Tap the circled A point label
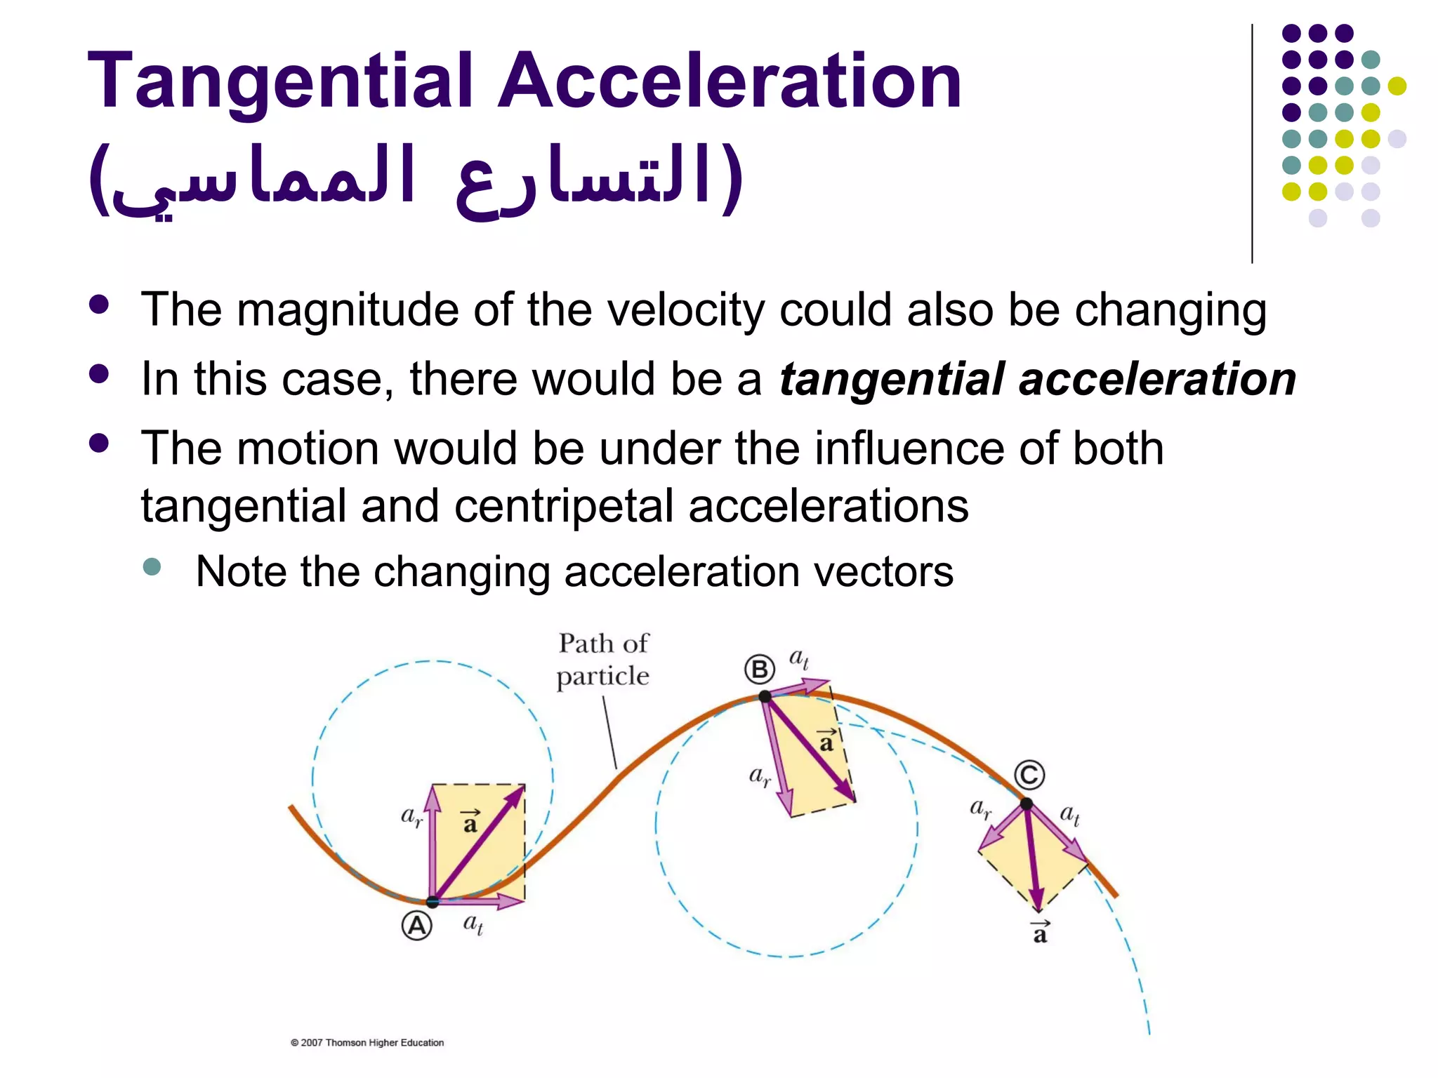click(417, 926)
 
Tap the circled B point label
click(760, 670)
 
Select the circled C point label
click(1030, 776)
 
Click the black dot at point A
click(433, 901)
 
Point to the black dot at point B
click(765, 696)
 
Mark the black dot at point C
click(1027, 804)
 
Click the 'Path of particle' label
click(603, 660)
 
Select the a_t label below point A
click(473, 924)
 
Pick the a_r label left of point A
click(411, 816)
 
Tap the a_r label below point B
click(760, 776)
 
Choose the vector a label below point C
click(1040, 932)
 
